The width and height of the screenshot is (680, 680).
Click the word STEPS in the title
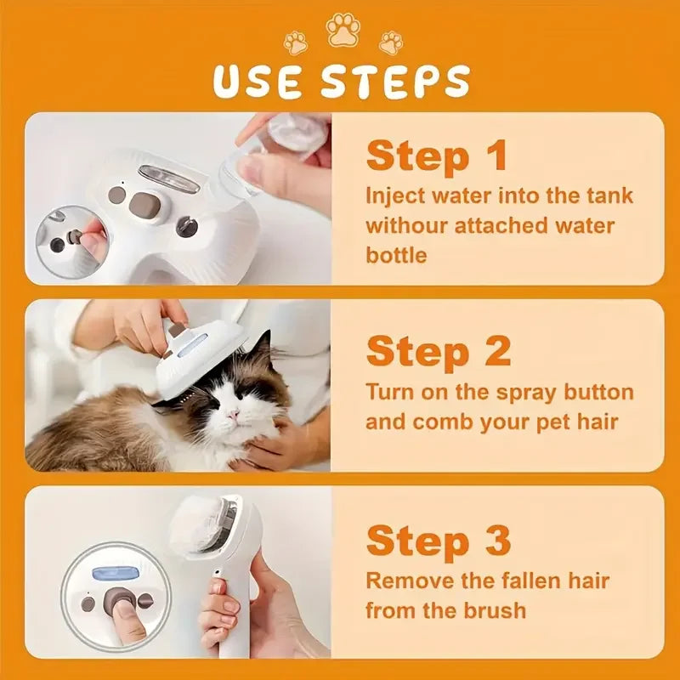point(396,82)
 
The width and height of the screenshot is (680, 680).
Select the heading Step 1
point(437,156)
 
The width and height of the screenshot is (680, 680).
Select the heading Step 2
point(439,351)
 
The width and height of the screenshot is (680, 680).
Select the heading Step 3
point(439,541)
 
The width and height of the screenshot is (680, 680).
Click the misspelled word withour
point(403,225)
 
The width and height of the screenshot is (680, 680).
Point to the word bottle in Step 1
point(396,255)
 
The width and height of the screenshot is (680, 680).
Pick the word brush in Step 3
point(496,610)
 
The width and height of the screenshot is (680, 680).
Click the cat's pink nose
point(230,415)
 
